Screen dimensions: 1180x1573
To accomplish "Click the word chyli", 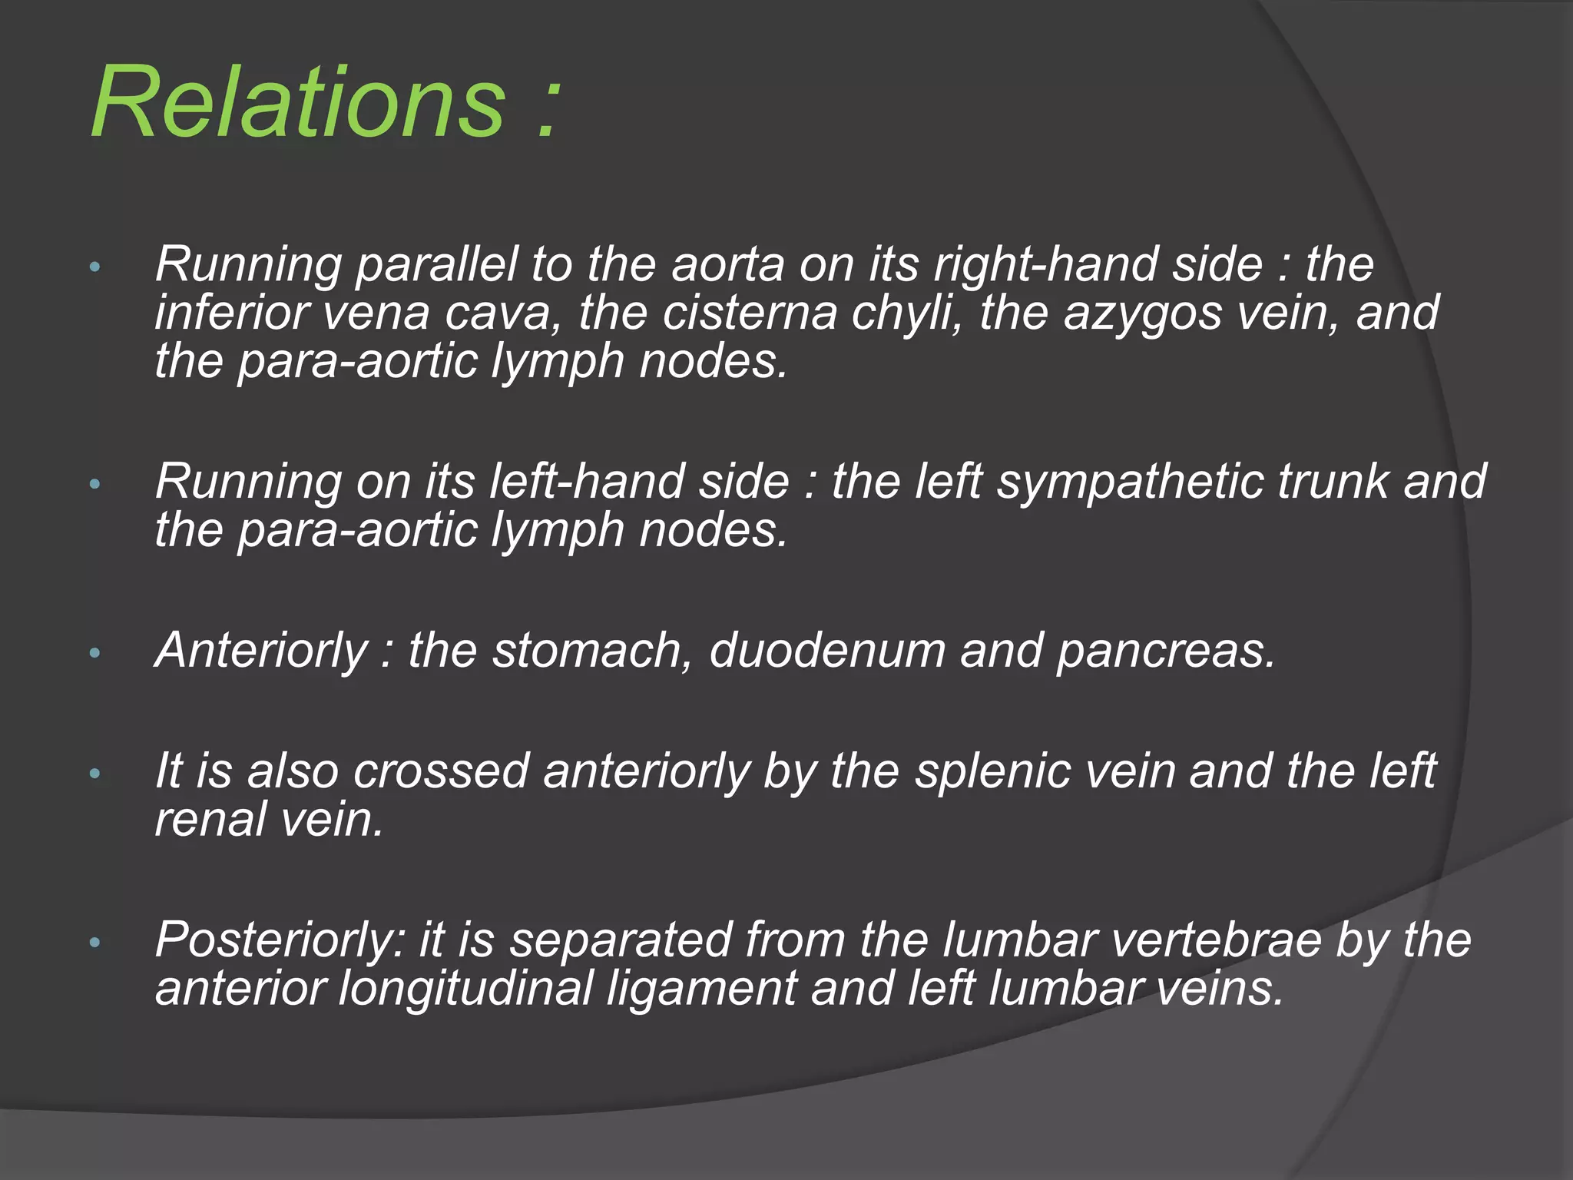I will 907,315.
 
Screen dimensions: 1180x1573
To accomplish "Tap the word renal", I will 210,819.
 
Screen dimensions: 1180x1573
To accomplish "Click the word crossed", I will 441,771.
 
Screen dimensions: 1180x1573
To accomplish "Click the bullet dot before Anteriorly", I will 95,653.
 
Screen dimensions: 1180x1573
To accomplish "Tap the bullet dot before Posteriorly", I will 95,942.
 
